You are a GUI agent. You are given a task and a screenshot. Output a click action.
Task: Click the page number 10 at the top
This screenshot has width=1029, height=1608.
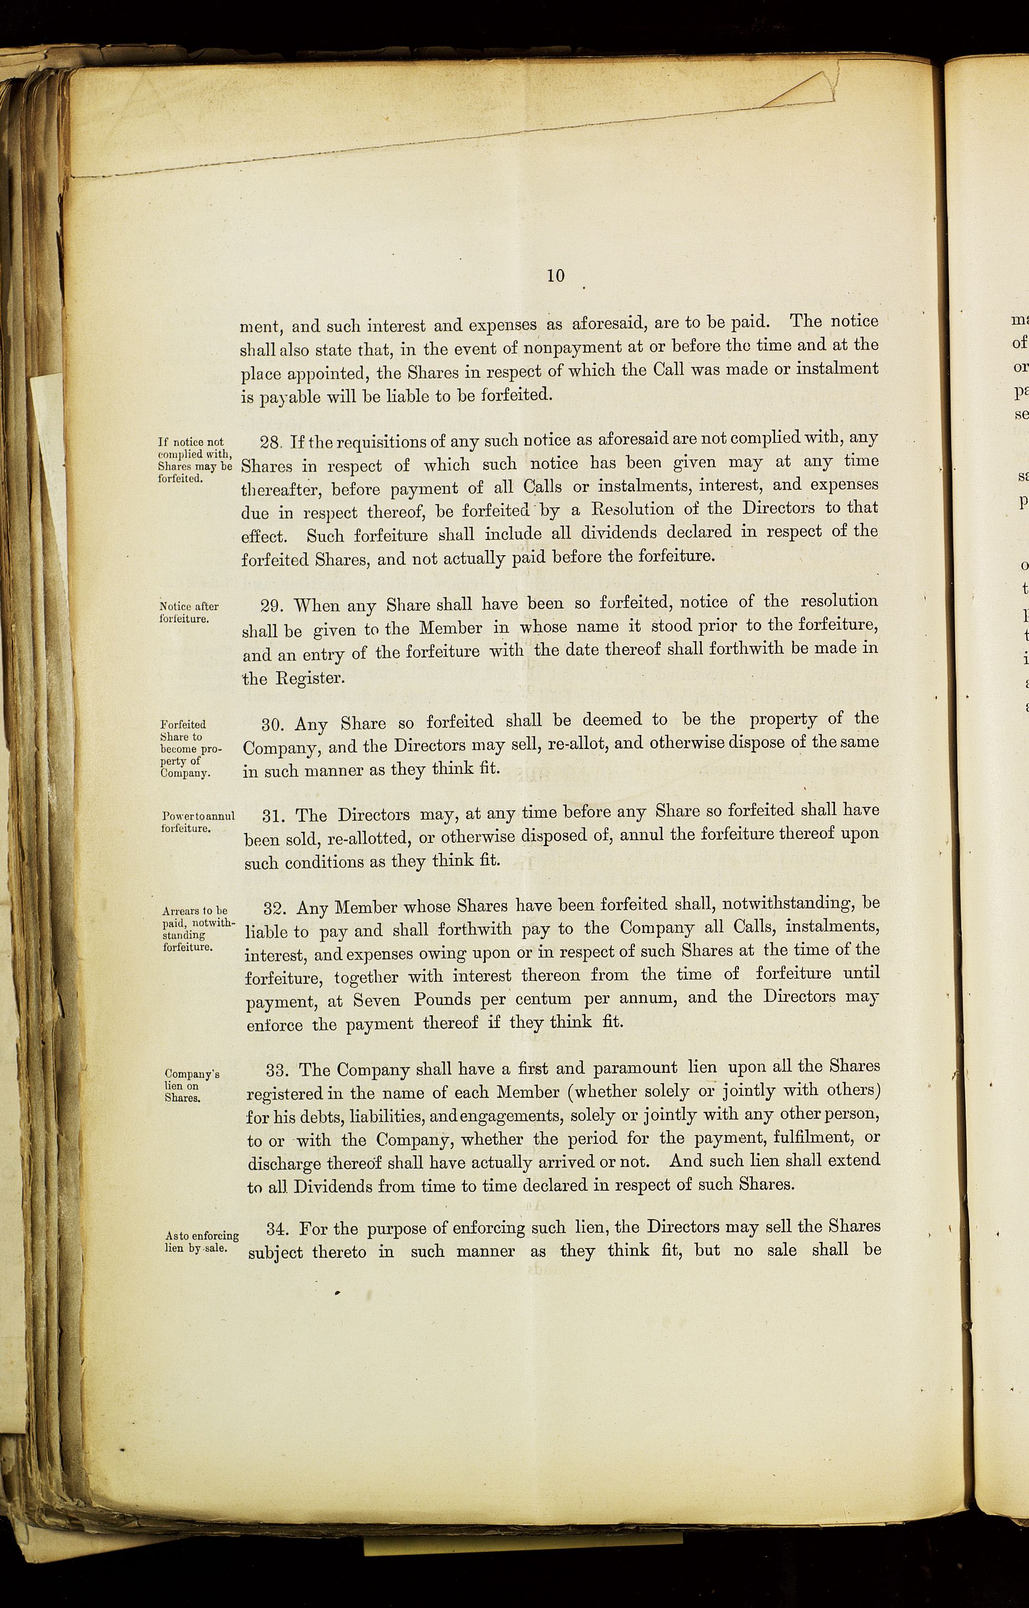[x=555, y=276]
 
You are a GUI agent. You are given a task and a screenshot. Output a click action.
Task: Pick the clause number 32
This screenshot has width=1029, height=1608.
[x=274, y=909]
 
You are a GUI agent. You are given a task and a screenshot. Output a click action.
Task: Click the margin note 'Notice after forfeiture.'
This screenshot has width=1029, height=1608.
[x=189, y=612]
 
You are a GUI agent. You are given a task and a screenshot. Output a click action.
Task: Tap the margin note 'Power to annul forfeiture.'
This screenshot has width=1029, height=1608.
[x=198, y=822]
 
